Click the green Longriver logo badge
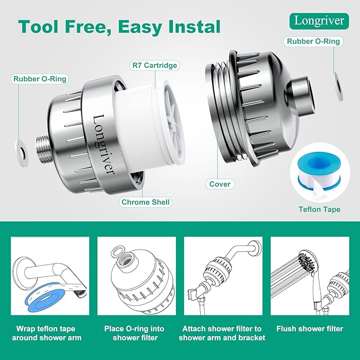pos(320,21)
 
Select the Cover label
pos(219,184)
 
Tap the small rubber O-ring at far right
pos(338,78)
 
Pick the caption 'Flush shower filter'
pos(310,329)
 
